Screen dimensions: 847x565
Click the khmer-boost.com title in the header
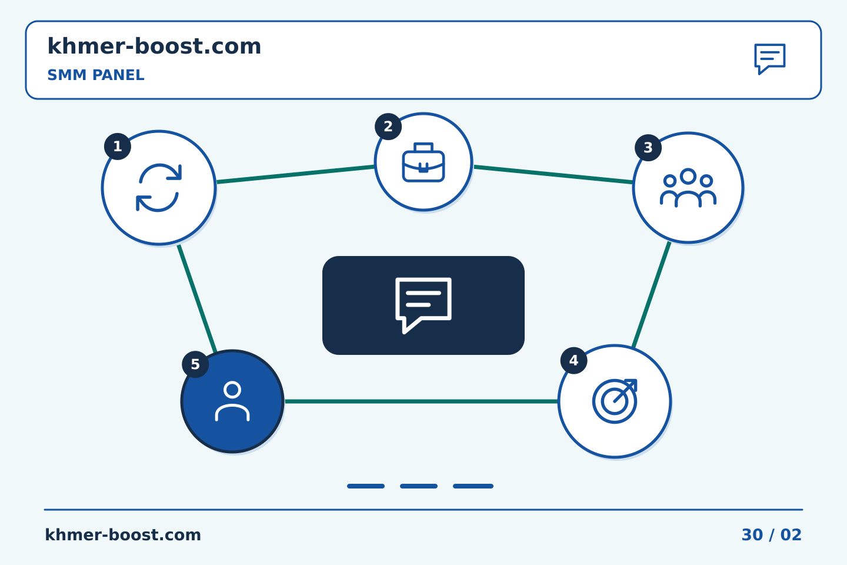pos(154,46)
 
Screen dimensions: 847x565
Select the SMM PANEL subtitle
pos(96,75)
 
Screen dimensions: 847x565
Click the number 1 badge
pos(118,147)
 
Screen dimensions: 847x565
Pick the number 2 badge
pos(388,127)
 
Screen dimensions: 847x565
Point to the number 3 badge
pos(648,148)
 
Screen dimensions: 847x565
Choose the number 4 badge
pos(573,360)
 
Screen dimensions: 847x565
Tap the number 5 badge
pos(195,364)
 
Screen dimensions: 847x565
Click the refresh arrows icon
pos(159,187)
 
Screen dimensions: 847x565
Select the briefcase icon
pos(423,162)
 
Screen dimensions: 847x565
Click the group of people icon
pos(688,188)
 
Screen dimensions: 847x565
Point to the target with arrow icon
pos(615,401)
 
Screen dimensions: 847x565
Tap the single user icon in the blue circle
pos(232,401)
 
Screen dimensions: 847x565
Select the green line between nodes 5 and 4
pos(421,401)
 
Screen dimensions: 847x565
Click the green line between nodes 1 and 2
pos(295,174)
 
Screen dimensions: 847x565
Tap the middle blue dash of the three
pos(419,486)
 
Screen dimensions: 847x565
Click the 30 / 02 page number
pos(771,535)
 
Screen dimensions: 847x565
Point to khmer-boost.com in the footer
pos(123,535)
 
